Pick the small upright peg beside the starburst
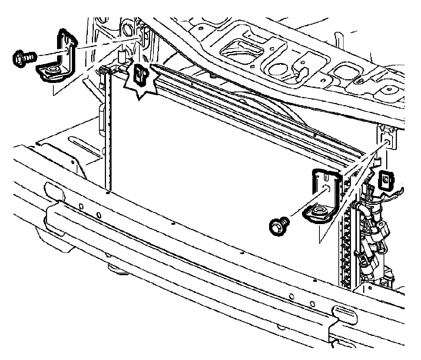121,57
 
